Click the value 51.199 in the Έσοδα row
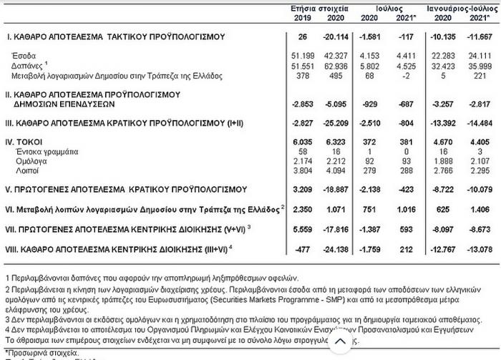coord(313,55)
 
